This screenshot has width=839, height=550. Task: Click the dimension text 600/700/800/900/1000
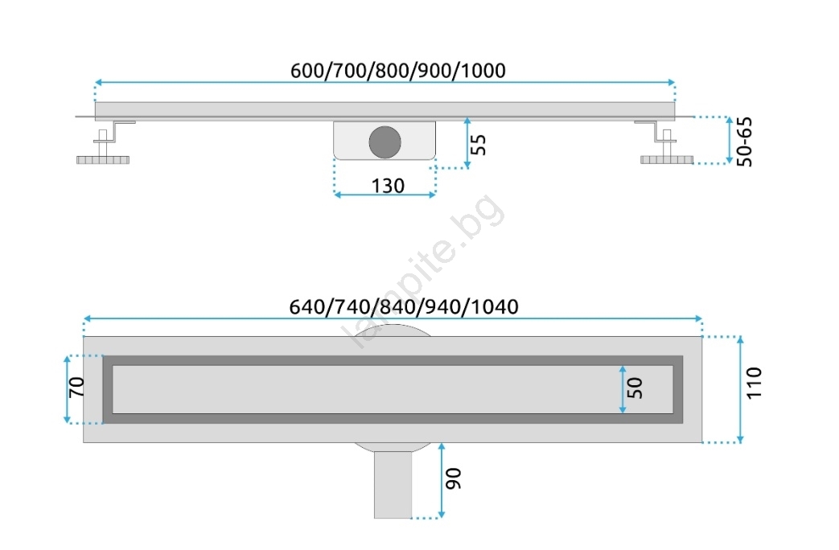click(x=397, y=71)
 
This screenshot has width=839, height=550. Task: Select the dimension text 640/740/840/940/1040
click(x=404, y=307)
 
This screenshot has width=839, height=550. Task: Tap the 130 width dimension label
click(x=388, y=187)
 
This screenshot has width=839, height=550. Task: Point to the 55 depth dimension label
click(x=479, y=145)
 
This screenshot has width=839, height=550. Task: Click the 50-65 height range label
click(x=744, y=142)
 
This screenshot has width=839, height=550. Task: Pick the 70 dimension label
click(x=77, y=388)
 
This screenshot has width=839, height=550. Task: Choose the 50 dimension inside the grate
click(x=635, y=388)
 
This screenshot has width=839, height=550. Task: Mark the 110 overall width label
click(x=754, y=383)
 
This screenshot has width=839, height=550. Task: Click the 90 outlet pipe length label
click(x=453, y=478)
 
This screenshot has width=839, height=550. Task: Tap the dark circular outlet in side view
click(x=385, y=142)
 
